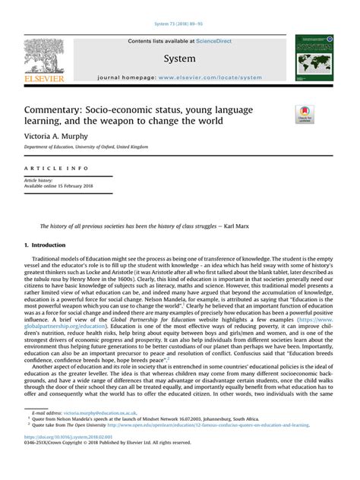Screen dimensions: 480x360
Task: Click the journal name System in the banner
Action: point(178,58)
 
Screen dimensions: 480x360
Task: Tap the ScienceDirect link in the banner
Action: point(214,41)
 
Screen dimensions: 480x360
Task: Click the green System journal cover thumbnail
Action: point(314,58)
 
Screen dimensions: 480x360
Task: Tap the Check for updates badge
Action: point(305,115)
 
